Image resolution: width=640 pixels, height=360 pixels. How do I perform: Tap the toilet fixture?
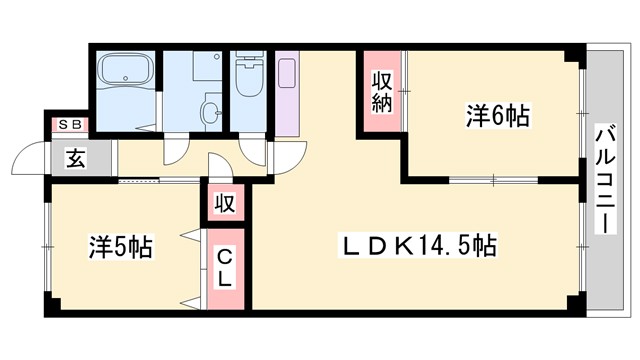[245, 79]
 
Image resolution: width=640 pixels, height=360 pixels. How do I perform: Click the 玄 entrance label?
[75, 157]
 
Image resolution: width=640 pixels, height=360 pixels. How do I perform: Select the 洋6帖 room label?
[497, 115]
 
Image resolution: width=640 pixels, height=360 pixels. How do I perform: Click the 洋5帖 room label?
[120, 246]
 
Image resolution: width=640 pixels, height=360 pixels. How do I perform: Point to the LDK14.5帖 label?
[420, 244]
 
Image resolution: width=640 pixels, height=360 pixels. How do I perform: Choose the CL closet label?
[225, 268]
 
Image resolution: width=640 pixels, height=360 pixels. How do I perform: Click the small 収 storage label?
[225, 205]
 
